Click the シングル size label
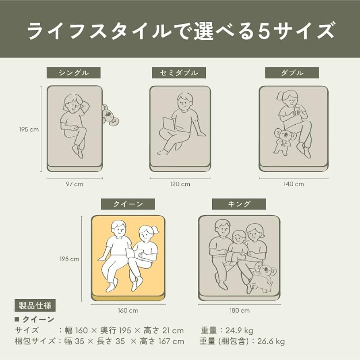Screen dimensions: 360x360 73,73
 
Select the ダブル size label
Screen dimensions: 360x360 292,73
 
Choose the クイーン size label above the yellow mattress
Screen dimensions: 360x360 128,204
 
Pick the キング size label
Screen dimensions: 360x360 239,204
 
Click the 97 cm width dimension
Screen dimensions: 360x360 74,184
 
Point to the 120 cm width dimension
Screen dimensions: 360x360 180,184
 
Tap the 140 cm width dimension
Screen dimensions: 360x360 294,184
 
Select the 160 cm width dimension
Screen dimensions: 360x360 128,311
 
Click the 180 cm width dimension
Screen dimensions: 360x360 240,311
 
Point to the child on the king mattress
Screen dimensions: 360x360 238,246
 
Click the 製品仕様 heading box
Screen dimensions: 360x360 35,306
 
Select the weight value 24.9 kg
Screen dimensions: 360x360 239,331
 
